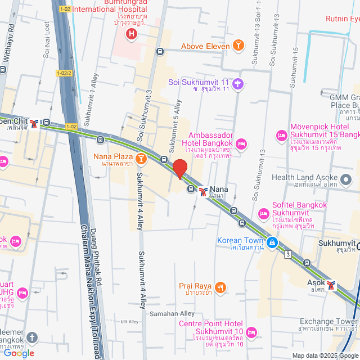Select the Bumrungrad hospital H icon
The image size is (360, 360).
132,35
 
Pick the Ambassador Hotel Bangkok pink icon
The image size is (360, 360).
242,145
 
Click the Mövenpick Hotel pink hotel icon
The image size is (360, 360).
281,136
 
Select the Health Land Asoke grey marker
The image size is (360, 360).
346,180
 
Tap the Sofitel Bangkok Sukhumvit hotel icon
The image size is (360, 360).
263,214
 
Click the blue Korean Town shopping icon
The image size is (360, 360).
272,242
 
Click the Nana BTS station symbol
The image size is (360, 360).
203,191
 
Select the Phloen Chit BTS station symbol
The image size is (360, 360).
35,123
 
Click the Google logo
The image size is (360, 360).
17,353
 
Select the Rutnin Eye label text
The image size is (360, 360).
342,19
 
